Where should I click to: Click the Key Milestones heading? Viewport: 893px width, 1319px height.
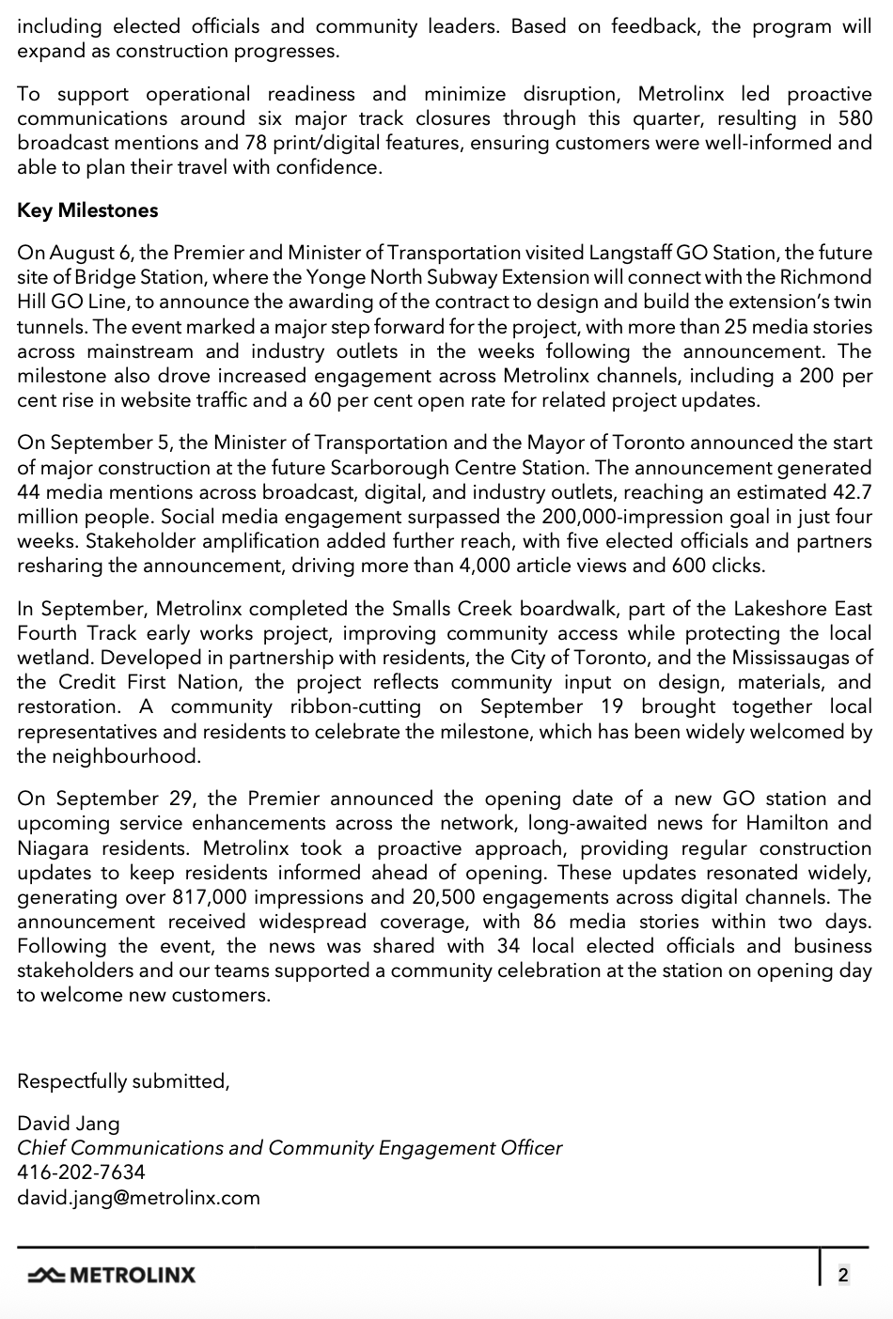(x=87, y=210)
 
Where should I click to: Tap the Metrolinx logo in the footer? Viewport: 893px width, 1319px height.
(x=112, y=1275)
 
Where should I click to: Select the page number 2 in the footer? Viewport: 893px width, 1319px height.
(x=843, y=1275)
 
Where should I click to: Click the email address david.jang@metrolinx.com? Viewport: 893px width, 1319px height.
(x=138, y=1198)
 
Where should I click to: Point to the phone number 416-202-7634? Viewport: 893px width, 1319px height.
(x=81, y=1172)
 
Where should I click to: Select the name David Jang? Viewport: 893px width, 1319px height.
(x=69, y=1124)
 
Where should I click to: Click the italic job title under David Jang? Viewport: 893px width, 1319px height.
(x=290, y=1148)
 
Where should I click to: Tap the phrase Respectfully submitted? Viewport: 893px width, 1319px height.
(x=123, y=1081)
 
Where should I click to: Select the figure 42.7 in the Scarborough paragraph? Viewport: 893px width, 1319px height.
(x=852, y=492)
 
